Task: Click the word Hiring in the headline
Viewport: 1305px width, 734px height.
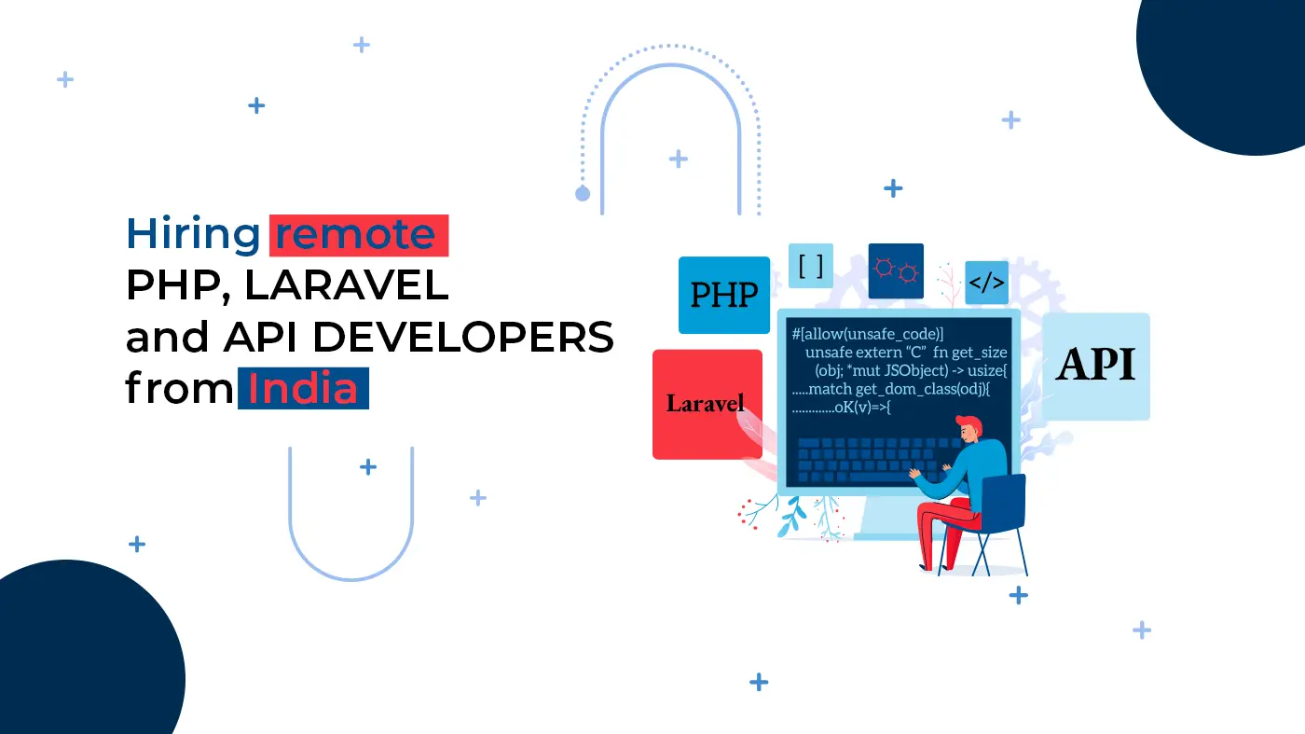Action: tap(193, 235)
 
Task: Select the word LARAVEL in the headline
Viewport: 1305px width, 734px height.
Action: tap(346, 285)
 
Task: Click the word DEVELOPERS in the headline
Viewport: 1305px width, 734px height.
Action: tap(463, 337)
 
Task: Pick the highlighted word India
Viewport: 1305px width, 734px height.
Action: tap(303, 388)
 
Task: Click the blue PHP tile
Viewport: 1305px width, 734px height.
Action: tap(724, 295)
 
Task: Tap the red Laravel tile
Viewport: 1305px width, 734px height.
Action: tap(707, 404)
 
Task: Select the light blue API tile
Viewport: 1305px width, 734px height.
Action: tap(1096, 367)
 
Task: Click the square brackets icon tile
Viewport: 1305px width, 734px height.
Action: tap(811, 266)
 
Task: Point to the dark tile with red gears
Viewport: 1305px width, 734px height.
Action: tap(896, 271)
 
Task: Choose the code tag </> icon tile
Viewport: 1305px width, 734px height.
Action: tap(987, 283)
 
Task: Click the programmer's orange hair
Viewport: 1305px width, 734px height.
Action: tap(970, 423)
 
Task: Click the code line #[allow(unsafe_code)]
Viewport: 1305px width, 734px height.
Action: tap(868, 334)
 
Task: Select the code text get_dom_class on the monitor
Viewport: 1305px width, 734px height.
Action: tap(904, 389)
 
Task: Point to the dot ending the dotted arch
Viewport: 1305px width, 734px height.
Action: tap(583, 194)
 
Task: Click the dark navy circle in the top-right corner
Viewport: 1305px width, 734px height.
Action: tap(1221, 70)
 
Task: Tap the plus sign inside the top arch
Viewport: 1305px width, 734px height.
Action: tap(679, 159)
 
